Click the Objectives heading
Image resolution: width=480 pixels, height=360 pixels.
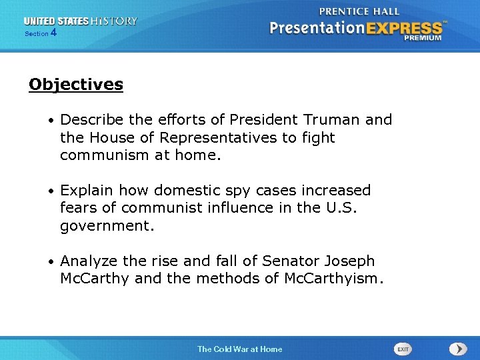coord(76,85)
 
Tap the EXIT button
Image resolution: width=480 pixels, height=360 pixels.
coord(403,349)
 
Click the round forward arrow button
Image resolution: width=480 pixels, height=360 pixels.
coord(457,349)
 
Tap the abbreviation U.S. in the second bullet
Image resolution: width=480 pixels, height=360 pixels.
coord(341,208)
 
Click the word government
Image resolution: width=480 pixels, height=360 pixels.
coord(107,226)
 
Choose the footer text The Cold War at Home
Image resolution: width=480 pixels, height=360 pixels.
coord(239,349)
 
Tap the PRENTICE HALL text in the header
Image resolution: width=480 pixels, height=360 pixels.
coord(359,11)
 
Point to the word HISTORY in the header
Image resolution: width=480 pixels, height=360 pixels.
coord(115,21)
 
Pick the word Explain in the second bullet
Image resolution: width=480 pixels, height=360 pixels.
coord(85,191)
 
